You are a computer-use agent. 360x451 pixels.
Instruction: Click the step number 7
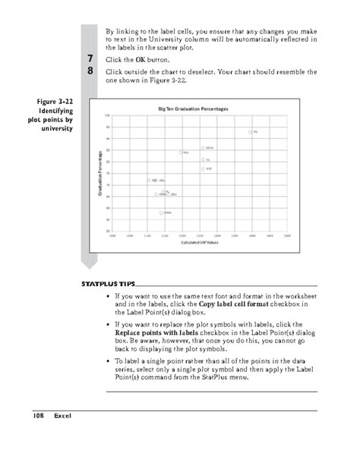coord(90,58)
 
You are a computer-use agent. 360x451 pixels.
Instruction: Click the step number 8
coord(90,71)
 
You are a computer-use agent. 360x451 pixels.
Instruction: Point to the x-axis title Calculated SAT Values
coord(199,244)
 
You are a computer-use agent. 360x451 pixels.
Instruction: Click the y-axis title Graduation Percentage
coord(101,175)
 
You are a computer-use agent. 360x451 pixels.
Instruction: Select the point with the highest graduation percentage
coord(251,131)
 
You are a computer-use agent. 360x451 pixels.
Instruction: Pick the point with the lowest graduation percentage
coord(162,213)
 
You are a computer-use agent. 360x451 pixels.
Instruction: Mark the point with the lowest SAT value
coord(149,181)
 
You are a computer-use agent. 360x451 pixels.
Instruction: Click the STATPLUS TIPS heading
coord(106,284)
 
